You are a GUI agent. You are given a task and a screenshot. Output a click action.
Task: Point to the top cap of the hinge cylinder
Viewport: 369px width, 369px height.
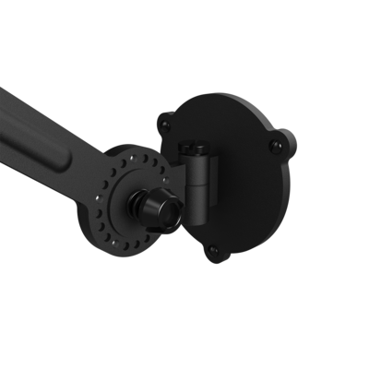(x=195, y=147)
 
